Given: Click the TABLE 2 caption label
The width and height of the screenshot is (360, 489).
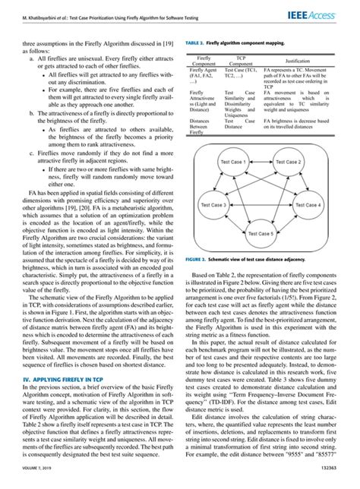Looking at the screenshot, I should click(195, 45).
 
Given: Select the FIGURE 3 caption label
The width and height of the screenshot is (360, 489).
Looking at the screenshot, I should click(197, 260).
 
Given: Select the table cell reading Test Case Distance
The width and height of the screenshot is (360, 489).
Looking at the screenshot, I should click(242, 124).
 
